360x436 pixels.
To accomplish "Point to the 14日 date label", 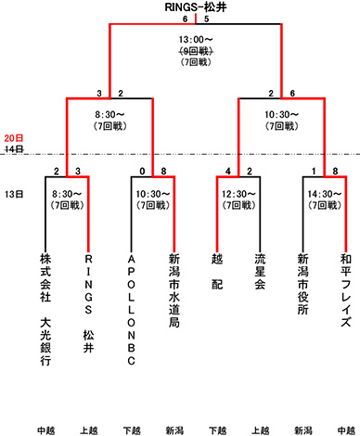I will (x=12, y=148).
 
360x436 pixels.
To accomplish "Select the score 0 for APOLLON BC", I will (x=141, y=171).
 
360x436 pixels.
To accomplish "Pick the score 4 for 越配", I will (x=227, y=171).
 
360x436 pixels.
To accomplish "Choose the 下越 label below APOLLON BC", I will (x=131, y=429).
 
